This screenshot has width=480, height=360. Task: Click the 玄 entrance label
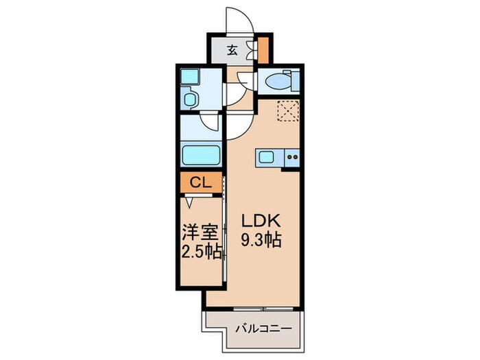232,49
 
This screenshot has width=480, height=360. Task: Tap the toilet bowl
276,82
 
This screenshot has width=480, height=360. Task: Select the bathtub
200,154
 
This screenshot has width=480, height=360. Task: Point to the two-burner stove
292,158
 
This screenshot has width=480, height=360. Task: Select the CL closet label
200,182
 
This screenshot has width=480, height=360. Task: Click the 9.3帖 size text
259,241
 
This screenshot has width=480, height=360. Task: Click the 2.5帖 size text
202,252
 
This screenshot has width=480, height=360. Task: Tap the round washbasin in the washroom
190,100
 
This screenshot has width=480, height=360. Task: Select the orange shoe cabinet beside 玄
263,49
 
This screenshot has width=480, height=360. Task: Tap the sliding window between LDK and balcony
264,309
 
